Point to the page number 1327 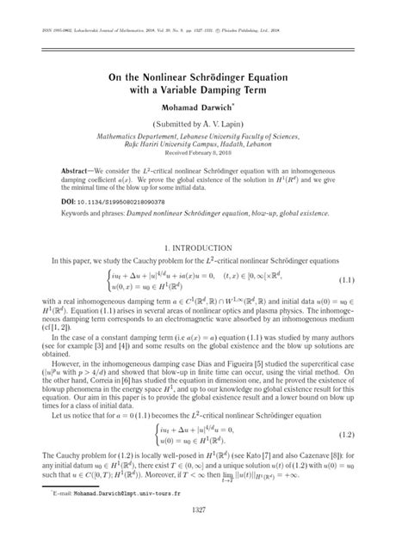click(x=204, y=534)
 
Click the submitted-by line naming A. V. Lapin click(x=204, y=125)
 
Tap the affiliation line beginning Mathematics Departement click(x=204, y=136)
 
